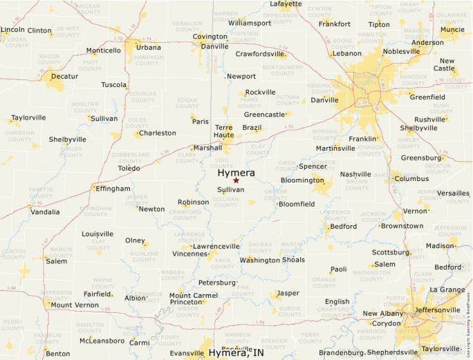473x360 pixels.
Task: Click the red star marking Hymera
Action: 236,180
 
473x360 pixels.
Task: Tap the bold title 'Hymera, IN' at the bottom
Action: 236,353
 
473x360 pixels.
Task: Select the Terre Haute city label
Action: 224,132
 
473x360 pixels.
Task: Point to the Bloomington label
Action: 302,180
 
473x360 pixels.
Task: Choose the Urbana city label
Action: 148,47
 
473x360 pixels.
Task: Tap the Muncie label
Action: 452,29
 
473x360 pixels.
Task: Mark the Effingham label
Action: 113,189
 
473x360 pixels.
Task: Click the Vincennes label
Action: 189,254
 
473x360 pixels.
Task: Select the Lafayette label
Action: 286,3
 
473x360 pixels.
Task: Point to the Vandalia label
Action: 46,212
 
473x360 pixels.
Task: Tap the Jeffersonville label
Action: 436,310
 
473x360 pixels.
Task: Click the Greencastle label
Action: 264,114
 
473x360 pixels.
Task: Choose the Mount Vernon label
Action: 75,305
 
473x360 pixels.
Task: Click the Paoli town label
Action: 339,269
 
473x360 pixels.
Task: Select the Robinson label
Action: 193,202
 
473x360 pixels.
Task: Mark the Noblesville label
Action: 401,51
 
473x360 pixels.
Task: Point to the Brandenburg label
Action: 342,353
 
